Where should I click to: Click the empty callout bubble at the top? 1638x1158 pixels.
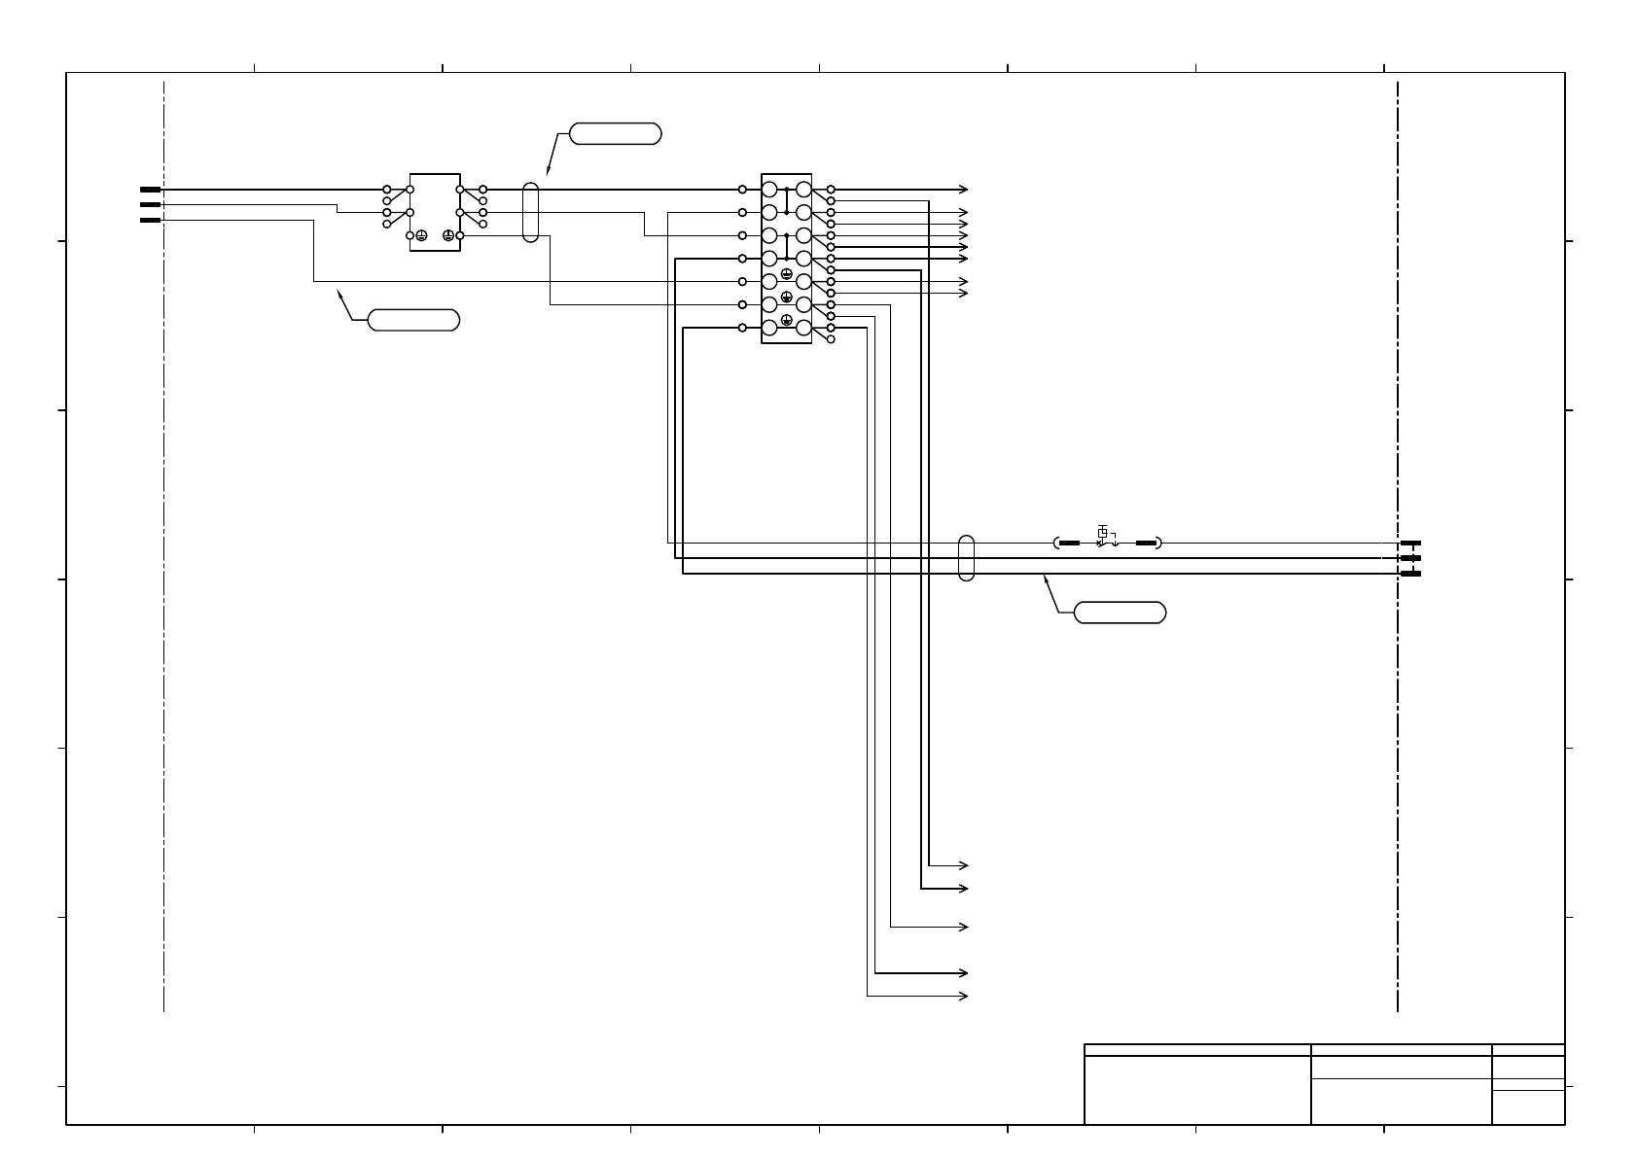click(615, 134)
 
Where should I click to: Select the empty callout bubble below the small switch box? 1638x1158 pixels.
click(413, 320)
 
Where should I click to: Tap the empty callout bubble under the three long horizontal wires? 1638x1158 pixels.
click(1120, 613)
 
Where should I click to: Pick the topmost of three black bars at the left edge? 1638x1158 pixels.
click(150, 190)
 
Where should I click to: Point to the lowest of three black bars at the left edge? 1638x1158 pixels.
click(150, 221)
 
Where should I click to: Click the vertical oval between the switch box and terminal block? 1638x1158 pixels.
click(530, 211)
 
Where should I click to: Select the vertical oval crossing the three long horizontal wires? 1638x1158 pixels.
click(966, 558)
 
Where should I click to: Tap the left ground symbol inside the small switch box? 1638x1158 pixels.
click(421, 235)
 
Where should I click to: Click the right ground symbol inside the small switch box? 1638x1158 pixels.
click(448, 235)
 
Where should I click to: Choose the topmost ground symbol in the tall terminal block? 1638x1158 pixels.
click(786, 273)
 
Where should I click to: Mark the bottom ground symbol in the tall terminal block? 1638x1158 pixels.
click(786, 320)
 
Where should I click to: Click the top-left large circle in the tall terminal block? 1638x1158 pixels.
click(769, 190)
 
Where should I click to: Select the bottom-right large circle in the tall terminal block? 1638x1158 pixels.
click(803, 328)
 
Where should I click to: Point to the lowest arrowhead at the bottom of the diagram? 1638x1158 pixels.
click(964, 997)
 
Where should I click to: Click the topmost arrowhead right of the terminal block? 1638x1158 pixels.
click(964, 190)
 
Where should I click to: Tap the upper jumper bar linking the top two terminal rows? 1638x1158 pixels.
click(786, 200)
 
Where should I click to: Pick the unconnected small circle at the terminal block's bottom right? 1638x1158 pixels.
click(831, 339)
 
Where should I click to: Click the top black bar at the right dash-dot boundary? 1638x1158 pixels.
click(1410, 543)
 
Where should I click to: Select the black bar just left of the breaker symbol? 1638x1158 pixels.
click(1069, 543)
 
